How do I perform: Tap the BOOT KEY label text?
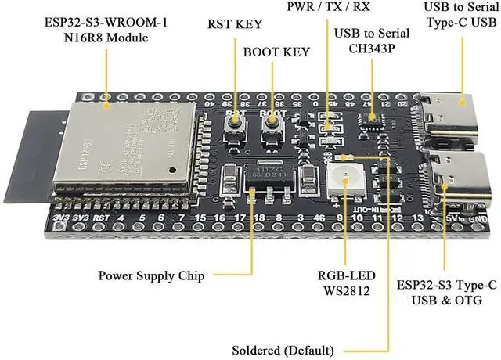[276, 52]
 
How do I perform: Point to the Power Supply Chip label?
[152, 275]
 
